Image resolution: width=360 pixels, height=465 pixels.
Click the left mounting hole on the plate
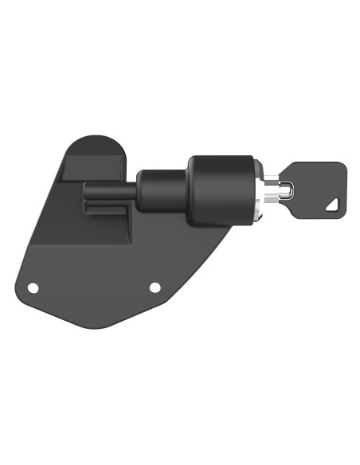click(x=33, y=287)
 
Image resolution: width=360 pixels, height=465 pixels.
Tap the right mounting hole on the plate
click(x=155, y=287)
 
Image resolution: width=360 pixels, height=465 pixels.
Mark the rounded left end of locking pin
click(x=86, y=191)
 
